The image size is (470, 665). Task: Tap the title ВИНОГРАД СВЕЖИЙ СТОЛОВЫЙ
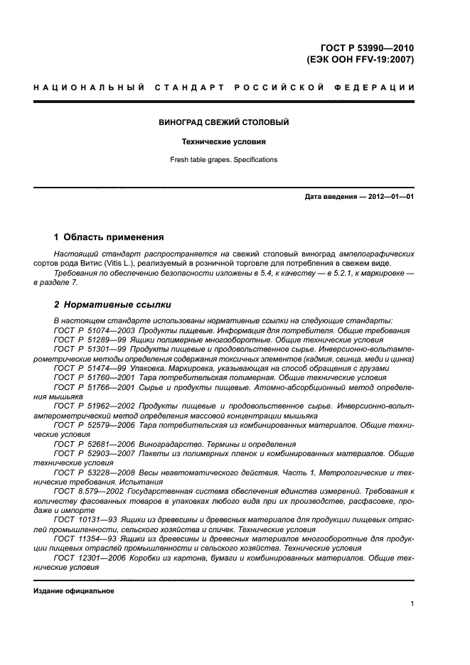(224, 122)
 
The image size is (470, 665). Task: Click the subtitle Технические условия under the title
(224, 141)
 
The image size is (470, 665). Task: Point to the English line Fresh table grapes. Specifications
(224, 160)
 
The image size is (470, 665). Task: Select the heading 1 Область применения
(109, 237)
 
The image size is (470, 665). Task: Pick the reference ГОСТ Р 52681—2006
(95, 443)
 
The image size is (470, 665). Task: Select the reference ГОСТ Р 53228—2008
(95, 472)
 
